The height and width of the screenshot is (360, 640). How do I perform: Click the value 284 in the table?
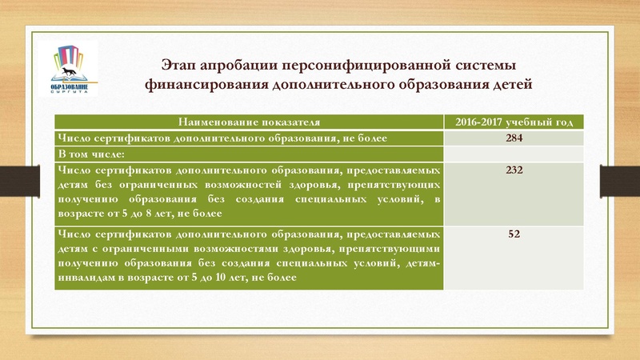pyautogui.click(x=514, y=138)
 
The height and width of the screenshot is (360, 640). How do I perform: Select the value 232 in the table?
pyautogui.click(x=514, y=170)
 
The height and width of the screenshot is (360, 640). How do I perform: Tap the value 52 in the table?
pyautogui.click(x=514, y=234)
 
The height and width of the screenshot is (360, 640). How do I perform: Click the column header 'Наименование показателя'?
pyautogui.click(x=249, y=122)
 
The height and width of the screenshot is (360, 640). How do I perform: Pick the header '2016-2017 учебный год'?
pyautogui.click(x=514, y=122)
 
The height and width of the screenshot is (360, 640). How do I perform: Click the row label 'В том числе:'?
pyautogui.click(x=89, y=153)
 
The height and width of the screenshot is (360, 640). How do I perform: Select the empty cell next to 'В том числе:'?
pyautogui.click(x=514, y=153)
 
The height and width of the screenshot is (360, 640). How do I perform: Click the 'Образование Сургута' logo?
pyautogui.click(x=74, y=68)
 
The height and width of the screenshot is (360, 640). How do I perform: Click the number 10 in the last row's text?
pyautogui.click(x=218, y=278)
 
